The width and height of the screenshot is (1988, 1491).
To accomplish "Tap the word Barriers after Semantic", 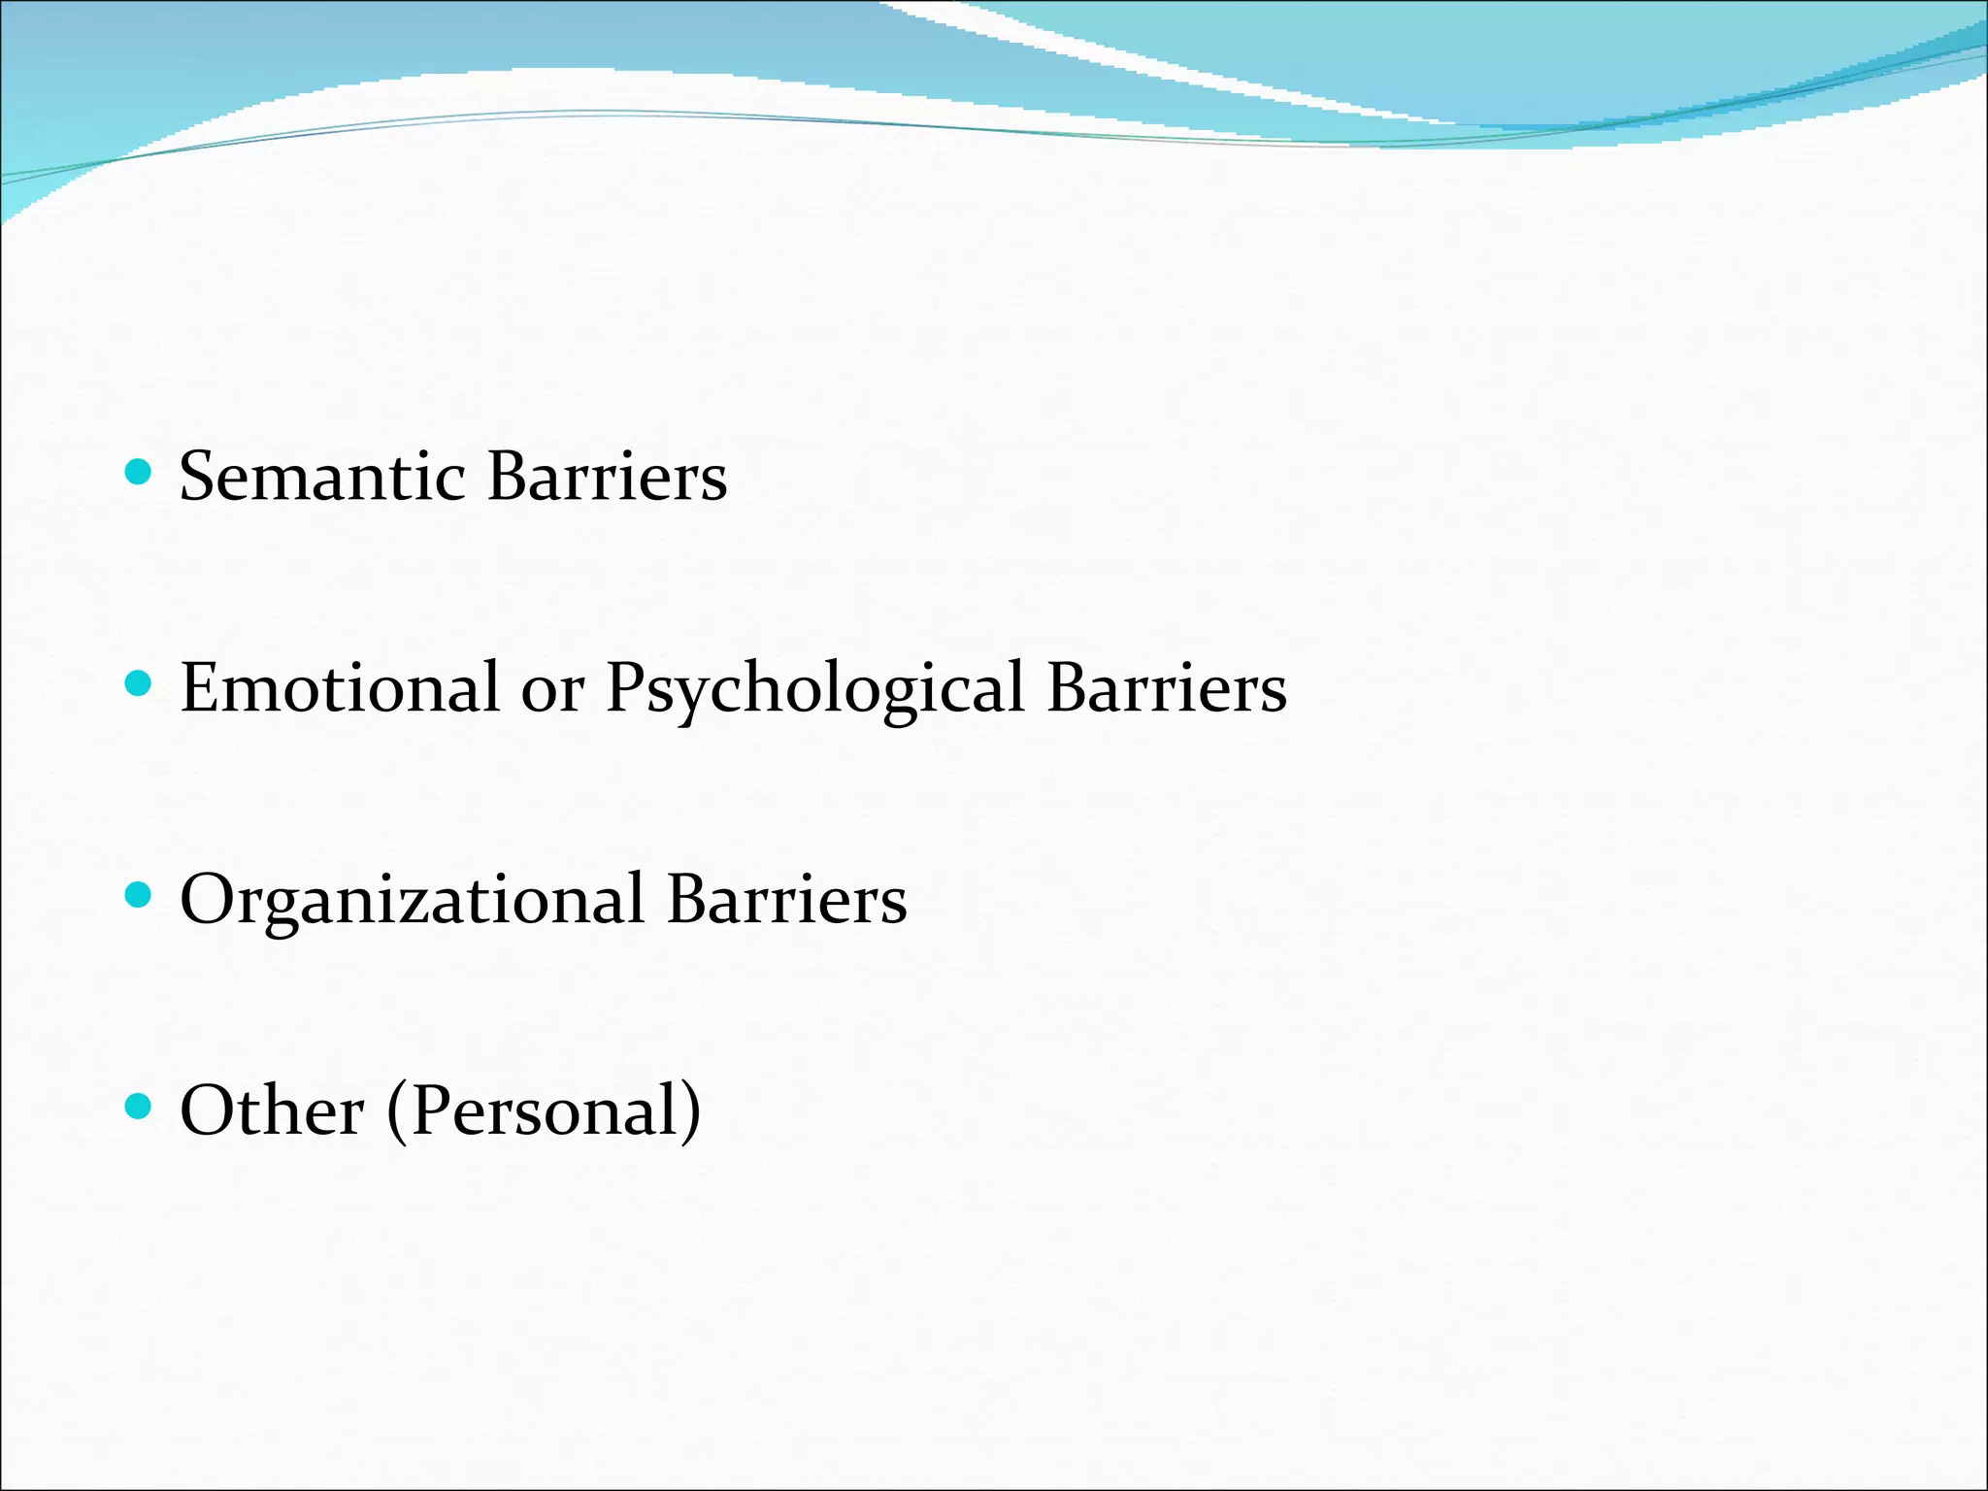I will [x=607, y=477].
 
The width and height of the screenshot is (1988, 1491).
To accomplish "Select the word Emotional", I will [x=340, y=687].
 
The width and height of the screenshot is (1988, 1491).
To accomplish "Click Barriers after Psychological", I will [x=1167, y=687].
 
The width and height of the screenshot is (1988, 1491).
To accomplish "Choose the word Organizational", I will [x=413, y=900].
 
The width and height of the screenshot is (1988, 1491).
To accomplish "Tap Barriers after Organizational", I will [x=786, y=898].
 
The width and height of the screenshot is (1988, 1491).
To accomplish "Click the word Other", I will [x=272, y=1110].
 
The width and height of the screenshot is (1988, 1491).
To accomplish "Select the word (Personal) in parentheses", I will [x=544, y=1111].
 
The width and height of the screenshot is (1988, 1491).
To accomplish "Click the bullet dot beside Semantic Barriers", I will [x=140, y=473].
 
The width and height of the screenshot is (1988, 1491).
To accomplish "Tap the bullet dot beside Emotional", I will [x=140, y=684].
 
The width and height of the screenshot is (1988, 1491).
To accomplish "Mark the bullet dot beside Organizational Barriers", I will [x=140, y=895].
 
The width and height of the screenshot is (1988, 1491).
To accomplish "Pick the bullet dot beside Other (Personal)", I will [x=140, y=1107].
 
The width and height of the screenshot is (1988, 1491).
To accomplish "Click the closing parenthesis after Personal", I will [x=690, y=1111].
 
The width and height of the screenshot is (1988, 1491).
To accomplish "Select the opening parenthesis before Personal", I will [x=397, y=1111].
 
